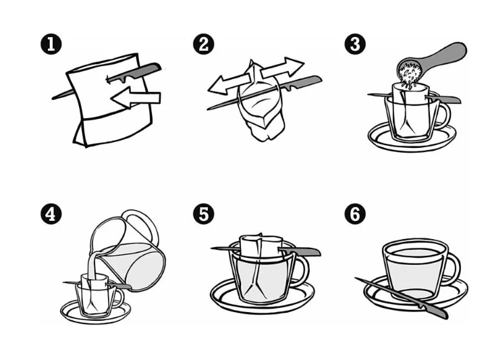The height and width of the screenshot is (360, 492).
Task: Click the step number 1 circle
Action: click(x=51, y=44)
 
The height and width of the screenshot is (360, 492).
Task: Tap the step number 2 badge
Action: click(x=204, y=44)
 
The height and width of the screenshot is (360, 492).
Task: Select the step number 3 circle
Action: click(x=355, y=44)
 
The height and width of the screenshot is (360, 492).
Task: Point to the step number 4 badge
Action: click(x=51, y=214)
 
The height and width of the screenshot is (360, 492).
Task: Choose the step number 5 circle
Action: click(x=204, y=214)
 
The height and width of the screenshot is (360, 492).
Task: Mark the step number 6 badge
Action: click(x=355, y=214)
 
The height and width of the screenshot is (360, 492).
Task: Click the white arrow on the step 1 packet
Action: click(x=136, y=98)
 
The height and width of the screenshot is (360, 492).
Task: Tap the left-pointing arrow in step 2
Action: click(x=229, y=84)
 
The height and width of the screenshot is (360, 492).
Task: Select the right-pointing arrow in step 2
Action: click(x=282, y=68)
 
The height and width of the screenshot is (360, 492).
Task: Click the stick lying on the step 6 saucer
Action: click(x=402, y=297)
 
